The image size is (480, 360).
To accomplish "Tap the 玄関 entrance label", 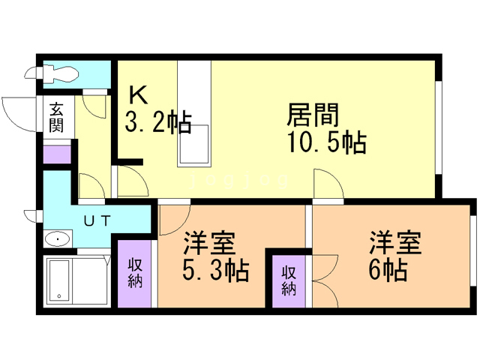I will click(x=57, y=117).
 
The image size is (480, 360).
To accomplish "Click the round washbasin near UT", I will click(x=58, y=240).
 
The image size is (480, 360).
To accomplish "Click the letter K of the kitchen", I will click(x=138, y=95).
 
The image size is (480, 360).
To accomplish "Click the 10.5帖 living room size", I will click(x=325, y=142).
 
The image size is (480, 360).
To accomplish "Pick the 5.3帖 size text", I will click(x=216, y=268).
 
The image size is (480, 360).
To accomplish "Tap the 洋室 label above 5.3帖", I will click(x=210, y=243).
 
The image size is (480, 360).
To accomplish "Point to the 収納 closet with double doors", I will click(x=289, y=279).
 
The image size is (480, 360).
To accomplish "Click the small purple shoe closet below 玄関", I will click(x=57, y=154).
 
